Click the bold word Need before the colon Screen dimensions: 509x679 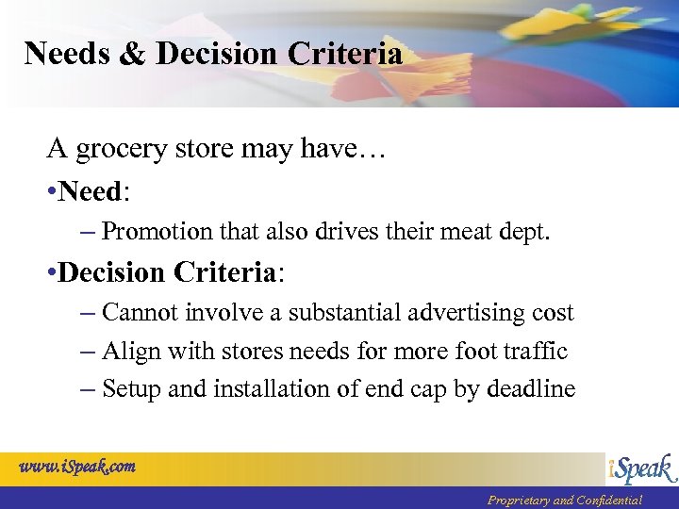[91, 191]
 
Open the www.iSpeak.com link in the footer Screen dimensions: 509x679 [77, 467]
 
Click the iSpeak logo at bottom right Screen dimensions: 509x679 [642, 468]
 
